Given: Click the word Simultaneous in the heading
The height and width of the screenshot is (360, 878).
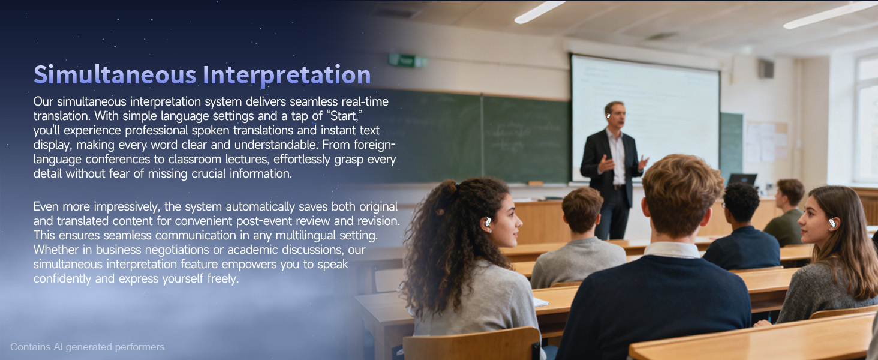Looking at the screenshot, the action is (x=115, y=74).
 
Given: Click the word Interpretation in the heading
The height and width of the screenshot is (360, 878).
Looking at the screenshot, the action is (x=287, y=75).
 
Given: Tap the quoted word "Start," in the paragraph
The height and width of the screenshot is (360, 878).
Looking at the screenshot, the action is (x=344, y=116).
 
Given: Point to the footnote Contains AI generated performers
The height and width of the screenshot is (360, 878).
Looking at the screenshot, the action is (x=88, y=347).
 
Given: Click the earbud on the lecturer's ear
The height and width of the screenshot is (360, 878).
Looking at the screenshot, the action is (x=608, y=116).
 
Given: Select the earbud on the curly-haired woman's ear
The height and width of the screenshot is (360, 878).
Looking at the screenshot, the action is (x=488, y=222).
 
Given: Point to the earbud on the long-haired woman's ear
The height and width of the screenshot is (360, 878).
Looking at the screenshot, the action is (x=832, y=223).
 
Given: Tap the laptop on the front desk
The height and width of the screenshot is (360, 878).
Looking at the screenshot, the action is (x=742, y=179).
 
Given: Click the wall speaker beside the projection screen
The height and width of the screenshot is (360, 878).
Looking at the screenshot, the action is (x=765, y=69).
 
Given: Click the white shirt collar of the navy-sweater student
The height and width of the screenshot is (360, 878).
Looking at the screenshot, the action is (x=672, y=250).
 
